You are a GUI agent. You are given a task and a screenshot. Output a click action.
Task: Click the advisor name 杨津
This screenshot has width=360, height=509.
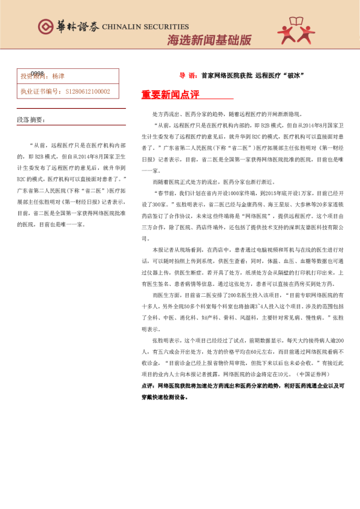pos(58,77)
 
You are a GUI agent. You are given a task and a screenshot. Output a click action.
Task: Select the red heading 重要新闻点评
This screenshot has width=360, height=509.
pos(170,95)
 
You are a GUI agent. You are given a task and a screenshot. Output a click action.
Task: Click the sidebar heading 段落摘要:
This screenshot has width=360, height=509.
pos(31,120)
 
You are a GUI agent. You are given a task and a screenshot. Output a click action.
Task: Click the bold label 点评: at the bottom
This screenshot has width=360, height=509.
pos(147,386)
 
